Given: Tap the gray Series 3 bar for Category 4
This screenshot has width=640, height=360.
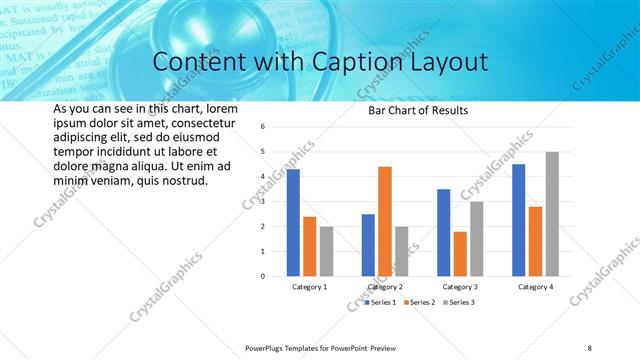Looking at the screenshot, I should tap(552, 214).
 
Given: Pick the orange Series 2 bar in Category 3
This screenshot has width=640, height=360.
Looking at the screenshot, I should tap(460, 254).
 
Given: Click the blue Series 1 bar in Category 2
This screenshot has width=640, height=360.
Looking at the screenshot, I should tap(368, 245).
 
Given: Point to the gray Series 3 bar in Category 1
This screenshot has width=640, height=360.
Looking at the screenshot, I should tap(326, 251).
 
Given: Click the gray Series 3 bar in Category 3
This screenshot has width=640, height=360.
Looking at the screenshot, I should tap(477, 239).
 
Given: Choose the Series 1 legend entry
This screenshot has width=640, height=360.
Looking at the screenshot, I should tap(381, 302).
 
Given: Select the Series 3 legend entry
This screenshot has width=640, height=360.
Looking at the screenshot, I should tap(460, 302).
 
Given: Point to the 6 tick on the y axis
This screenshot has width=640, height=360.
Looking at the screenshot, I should tap(261, 127).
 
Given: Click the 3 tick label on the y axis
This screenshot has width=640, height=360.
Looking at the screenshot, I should tap(261, 201).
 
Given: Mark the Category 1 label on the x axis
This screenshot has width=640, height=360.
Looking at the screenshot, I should tap(309, 287).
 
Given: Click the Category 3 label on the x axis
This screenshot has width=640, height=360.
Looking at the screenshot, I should tap(460, 287).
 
